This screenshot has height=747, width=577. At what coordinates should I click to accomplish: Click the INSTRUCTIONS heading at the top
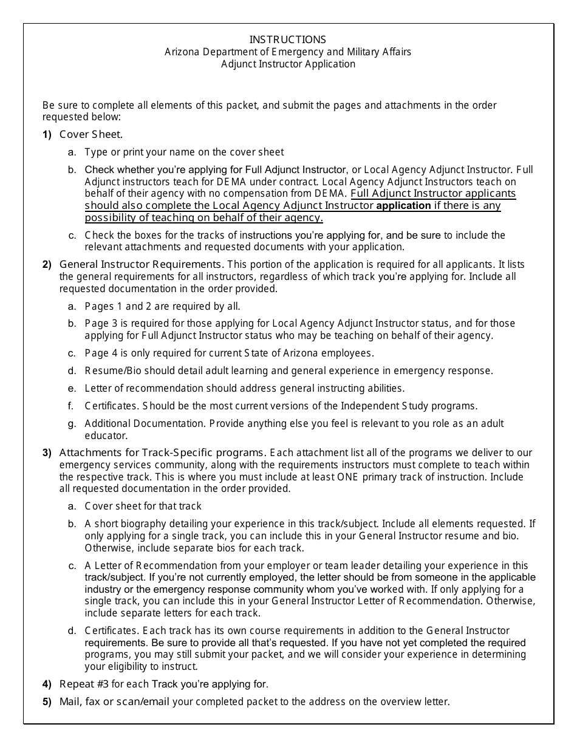288,39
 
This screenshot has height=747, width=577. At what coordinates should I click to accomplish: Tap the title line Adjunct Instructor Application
288,64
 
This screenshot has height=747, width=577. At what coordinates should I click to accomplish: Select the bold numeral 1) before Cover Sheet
47,134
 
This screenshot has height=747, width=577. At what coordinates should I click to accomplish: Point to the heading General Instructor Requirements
142,264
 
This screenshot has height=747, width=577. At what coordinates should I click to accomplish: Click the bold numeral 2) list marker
47,264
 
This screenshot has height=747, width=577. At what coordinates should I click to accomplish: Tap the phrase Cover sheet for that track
143,506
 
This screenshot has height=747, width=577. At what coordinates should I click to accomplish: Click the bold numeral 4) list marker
47,684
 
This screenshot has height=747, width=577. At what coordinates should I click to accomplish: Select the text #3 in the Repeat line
97,684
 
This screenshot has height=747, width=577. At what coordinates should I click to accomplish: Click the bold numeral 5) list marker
47,701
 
